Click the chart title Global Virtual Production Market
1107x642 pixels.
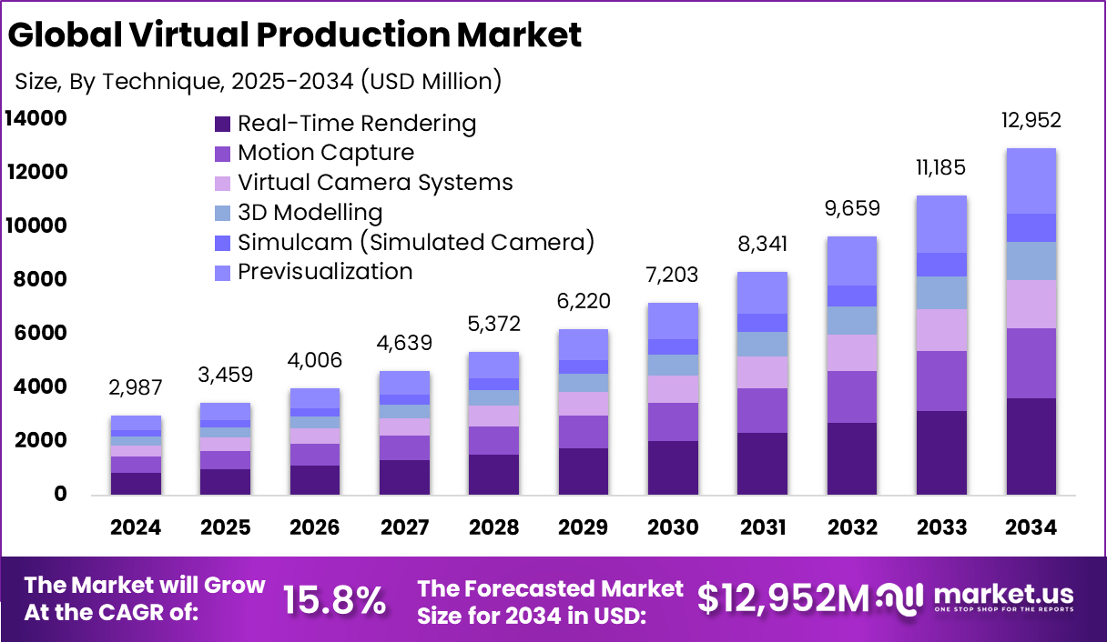click(x=294, y=35)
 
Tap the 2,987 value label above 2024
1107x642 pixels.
click(x=137, y=388)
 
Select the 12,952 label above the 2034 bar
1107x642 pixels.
click(x=1031, y=121)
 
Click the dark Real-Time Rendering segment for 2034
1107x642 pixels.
click(x=1031, y=446)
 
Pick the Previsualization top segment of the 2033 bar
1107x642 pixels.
click(x=942, y=224)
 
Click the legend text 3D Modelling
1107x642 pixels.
click(x=310, y=213)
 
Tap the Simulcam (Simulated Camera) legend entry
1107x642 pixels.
click(x=415, y=242)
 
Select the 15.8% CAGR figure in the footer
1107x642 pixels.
click(x=333, y=599)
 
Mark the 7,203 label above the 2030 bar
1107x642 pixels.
click(x=674, y=276)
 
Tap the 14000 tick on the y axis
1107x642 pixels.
click(x=36, y=118)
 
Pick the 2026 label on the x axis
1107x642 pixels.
click(x=316, y=528)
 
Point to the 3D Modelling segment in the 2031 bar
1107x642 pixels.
click(x=763, y=344)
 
